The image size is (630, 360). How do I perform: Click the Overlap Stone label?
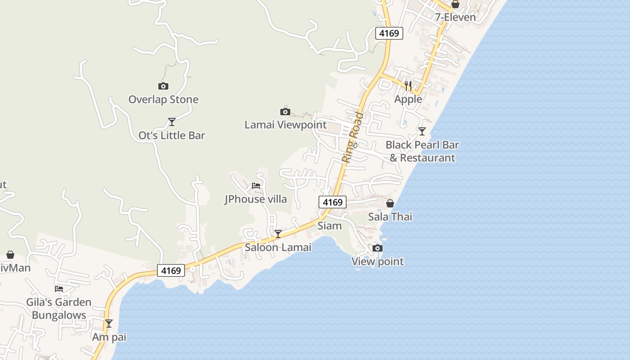pyautogui.click(x=163, y=99)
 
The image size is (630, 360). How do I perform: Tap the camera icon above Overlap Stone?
pyautogui.click(x=163, y=86)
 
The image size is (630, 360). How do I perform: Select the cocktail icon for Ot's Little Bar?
pyautogui.click(x=171, y=121)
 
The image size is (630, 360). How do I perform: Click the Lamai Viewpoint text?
pyautogui.click(x=285, y=125)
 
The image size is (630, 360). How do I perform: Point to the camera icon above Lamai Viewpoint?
pyautogui.click(x=285, y=112)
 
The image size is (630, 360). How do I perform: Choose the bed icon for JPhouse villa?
pyautogui.click(x=256, y=185)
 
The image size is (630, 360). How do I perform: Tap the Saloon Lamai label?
pyautogui.click(x=278, y=247)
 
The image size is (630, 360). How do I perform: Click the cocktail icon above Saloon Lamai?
pyautogui.click(x=278, y=234)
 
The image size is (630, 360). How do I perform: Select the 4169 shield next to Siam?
pyautogui.click(x=333, y=202)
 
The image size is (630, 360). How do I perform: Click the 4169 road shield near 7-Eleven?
pyautogui.click(x=389, y=33)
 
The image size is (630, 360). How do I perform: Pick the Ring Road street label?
pyautogui.click(x=352, y=137)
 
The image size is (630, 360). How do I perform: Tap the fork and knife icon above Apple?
pyautogui.click(x=408, y=85)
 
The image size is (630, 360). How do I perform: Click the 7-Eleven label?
pyautogui.click(x=455, y=18)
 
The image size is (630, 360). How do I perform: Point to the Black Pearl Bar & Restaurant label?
pyautogui.click(x=422, y=151)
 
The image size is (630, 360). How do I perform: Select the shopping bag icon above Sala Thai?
pyautogui.click(x=390, y=203)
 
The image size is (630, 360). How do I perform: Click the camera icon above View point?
pyautogui.click(x=378, y=248)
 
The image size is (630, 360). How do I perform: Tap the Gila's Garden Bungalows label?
pyautogui.click(x=58, y=308)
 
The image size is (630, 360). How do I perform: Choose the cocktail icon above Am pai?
pyautogui.click(x=109, y=324)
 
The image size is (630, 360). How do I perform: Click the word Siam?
pyautogui.click(x=329, y=226)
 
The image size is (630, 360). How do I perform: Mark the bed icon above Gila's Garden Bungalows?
pyautogui.click(x=59, y=288)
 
